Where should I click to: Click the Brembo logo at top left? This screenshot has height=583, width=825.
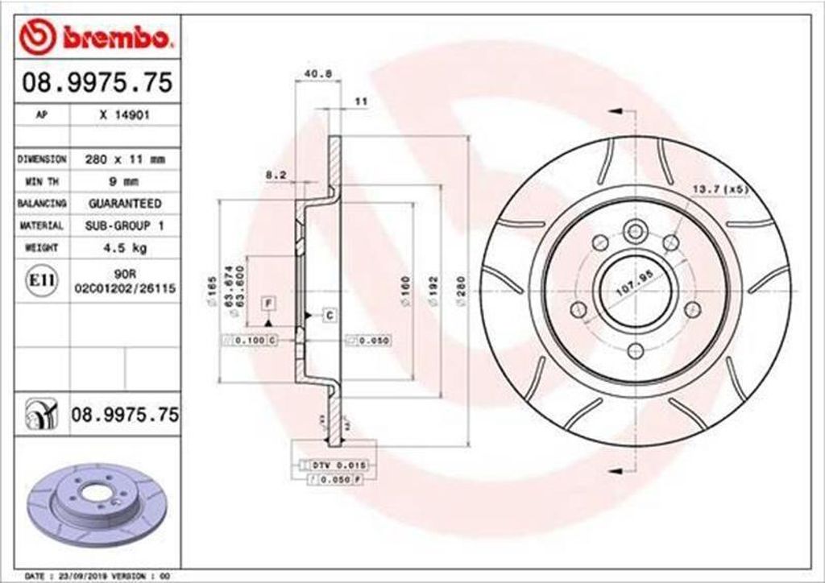point(96,38)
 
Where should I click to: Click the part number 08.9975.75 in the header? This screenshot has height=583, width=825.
point(96,82)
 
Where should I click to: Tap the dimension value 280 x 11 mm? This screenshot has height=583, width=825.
point(124,159)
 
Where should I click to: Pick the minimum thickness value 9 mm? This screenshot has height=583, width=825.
point(124,181)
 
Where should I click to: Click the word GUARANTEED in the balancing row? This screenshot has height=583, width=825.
point(124,204)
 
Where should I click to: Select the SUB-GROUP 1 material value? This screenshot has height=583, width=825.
point(124,226)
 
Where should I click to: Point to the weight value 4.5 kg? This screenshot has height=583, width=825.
point(124,248)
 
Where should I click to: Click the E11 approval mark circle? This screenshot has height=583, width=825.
point(42,279)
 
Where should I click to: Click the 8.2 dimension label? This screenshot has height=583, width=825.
point(276,174)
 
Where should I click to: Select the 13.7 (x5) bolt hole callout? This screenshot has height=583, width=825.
point(720,189)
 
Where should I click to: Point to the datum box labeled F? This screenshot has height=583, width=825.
point(268,303)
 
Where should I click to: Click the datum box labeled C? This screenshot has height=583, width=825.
point(329,315)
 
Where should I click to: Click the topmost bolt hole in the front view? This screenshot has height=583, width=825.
point(636,231)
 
